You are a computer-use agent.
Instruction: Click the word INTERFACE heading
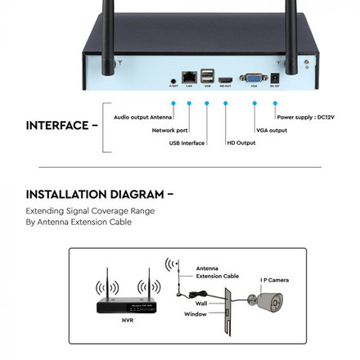(x=56, y=125)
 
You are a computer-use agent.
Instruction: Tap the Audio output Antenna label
(x=142, y=117)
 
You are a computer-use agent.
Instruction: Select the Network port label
(x=169, y=129)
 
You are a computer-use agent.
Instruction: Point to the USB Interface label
(x=187, y=143)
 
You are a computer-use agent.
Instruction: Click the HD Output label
(x=241, y=143)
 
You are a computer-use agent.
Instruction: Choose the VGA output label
(x=271, y=129)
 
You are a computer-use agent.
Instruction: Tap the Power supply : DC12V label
(x=305, y=117)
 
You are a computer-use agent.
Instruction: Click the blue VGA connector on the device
(x=254, y=78)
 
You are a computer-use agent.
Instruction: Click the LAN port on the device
(x=189, y=76)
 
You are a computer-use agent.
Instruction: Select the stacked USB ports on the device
(x=207, y=74)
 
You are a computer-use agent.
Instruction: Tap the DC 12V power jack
(x=275, y=77)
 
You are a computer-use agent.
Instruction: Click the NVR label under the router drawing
(x=127, y=319)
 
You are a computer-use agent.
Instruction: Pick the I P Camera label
(x=274, y=279)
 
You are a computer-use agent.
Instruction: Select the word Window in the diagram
(x=195, y=313)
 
